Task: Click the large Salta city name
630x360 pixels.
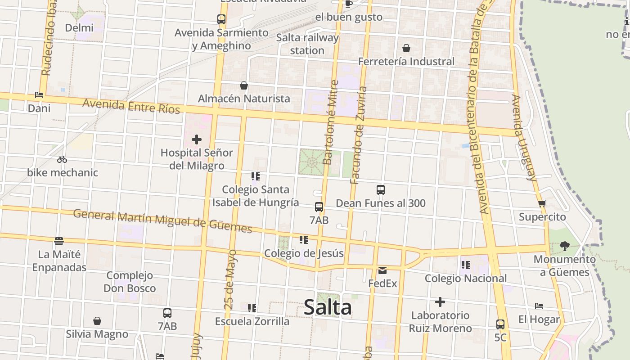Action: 328,308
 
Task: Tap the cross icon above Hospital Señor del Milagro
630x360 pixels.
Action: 197,139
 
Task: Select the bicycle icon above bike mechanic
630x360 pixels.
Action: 62,159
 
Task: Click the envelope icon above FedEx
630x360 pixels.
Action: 382,270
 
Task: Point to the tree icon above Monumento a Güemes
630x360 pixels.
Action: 564,246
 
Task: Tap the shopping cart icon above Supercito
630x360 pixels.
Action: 542,203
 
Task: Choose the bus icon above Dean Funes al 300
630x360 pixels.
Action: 381,190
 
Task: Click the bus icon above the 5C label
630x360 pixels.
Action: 500,324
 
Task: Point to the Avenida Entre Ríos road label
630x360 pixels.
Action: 131,106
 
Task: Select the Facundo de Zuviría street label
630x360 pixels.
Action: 359,135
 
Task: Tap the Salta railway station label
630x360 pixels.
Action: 307,44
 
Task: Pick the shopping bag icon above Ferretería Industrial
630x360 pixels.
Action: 406,48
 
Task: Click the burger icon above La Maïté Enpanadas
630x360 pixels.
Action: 59,241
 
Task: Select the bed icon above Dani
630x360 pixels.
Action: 39,95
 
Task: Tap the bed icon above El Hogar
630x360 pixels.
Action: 539,306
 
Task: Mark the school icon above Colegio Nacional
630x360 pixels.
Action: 465,265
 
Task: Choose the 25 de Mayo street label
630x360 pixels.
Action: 230,279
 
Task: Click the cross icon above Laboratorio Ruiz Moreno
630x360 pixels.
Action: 440,302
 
